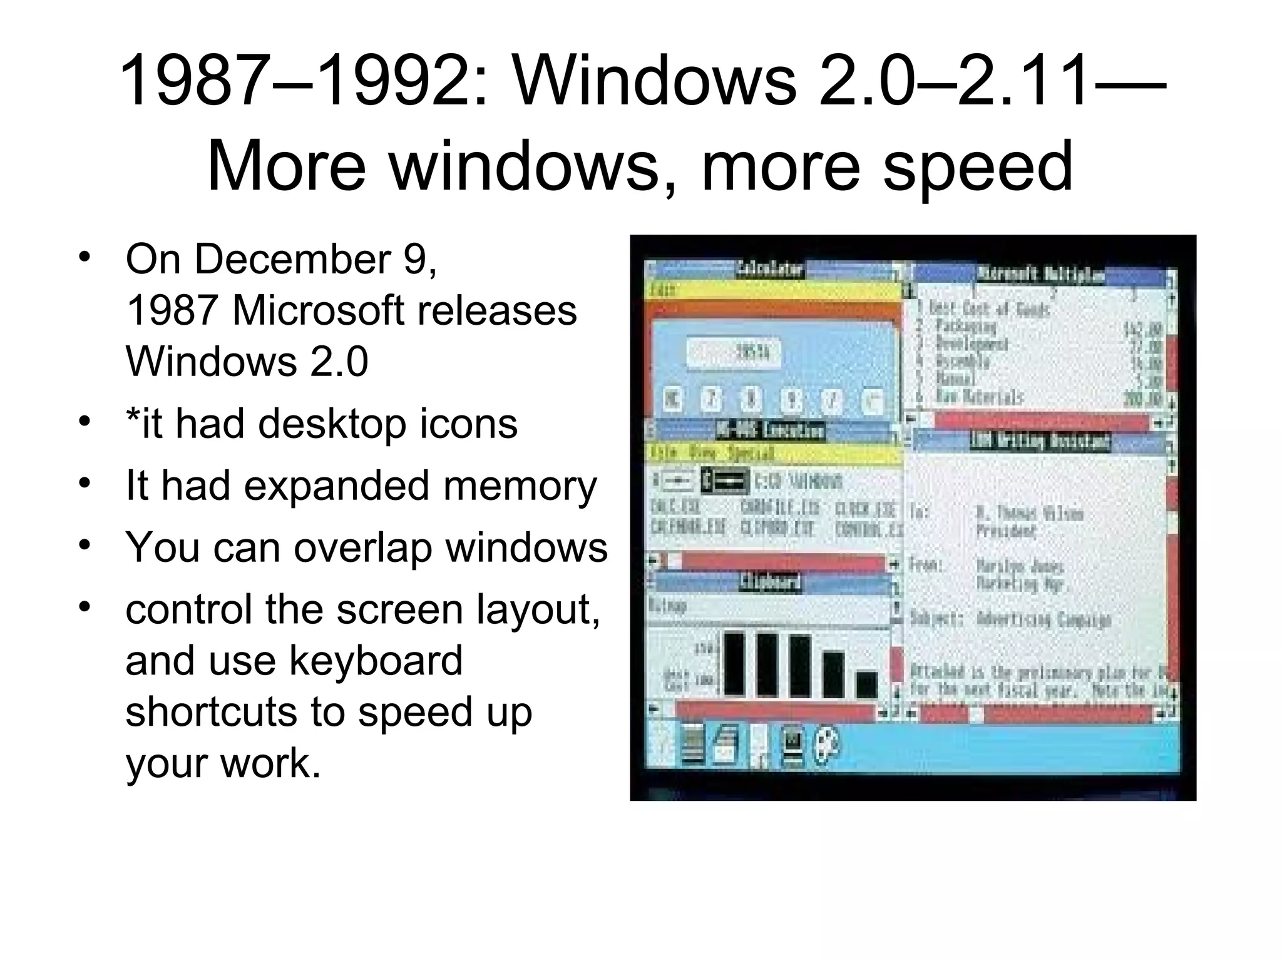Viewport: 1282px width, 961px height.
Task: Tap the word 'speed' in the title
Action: click(x=977, y=166)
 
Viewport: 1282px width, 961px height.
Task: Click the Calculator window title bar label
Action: click(x=769, y=269)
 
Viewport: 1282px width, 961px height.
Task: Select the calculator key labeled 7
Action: click(x=710, y=399)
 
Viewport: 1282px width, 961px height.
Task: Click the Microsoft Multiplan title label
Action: click(x=1040, y=274)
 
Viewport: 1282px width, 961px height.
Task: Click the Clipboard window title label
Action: click(x=769, y=582)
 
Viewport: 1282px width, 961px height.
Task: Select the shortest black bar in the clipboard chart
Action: click(x=866, y=684)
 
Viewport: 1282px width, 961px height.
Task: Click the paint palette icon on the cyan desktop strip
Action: click(x=827, y=746)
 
